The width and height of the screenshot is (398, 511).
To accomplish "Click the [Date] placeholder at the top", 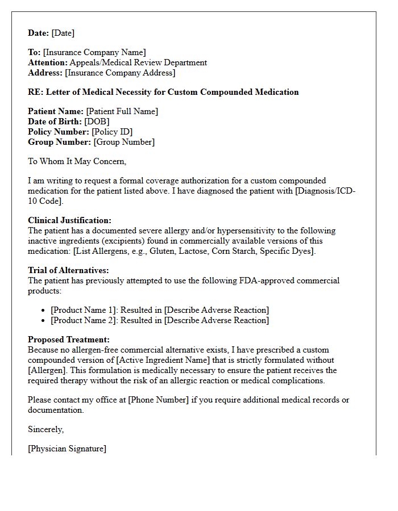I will [x=63, y=33].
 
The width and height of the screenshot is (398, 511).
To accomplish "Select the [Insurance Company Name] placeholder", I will [x=94, y=53].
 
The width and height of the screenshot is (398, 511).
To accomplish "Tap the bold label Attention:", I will [x=48, y=63].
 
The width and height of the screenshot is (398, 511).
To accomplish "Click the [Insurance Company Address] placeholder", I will [x=120, y=73].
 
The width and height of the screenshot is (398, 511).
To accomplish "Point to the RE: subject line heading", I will [x=163, y=92].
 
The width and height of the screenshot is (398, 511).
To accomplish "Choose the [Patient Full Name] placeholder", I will [x=122, y=112].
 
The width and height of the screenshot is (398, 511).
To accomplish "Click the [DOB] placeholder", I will [x=97, y=122].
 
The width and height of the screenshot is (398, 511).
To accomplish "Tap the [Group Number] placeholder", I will [x=124, y=143].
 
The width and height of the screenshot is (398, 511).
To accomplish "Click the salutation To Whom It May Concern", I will [x=77, y=162].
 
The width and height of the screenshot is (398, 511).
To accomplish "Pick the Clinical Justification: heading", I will [x=69, y=221].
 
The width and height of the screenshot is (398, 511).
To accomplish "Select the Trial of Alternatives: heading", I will [x=68, y=271].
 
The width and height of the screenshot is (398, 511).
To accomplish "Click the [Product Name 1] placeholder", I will [x=84, y=310].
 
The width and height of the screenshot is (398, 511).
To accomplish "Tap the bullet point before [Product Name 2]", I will [x=44, y=321].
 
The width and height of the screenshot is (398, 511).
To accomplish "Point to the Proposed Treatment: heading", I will [x=69, y=340].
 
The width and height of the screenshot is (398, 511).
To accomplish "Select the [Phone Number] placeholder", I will [x=158, y=400].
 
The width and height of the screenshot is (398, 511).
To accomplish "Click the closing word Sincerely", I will [x=45, y=429].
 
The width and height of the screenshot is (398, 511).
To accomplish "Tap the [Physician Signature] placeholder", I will [x=67, y=449].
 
